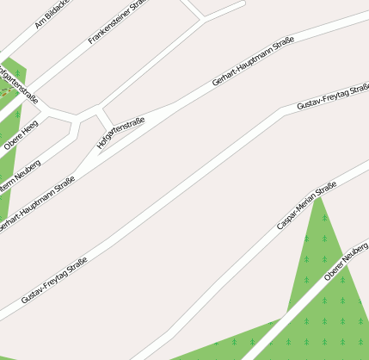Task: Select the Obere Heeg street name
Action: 22,135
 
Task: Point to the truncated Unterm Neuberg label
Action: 19,173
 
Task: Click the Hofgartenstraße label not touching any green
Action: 121,133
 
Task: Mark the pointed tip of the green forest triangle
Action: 320,197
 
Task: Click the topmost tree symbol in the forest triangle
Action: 323,217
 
